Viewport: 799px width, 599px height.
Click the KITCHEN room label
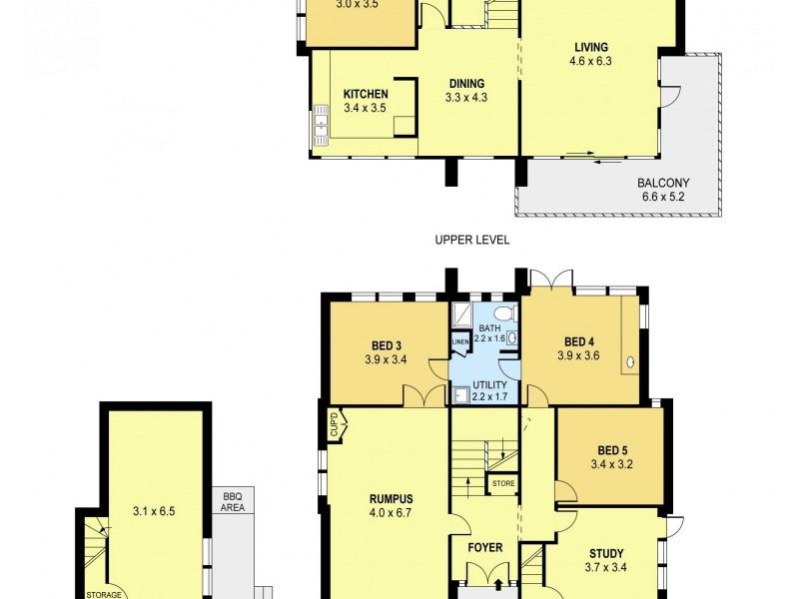[x=366, y=94]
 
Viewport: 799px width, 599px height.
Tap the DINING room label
[x=465, y=84]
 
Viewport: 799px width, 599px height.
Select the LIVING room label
[x=590, y=47]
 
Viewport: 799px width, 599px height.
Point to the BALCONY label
[x=663, y=183]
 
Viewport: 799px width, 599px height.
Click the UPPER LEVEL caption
[x=472, y=240]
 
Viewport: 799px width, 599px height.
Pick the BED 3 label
[x=386, y=347]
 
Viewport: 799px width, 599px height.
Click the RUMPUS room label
[x=391, y=500]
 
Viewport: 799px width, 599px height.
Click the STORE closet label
[x=502, y=484]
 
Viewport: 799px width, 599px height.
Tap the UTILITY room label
[x=489, y=385]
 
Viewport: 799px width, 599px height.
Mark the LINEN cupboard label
[x=459, y=343]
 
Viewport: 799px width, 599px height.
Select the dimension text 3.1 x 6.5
[x=153, y=512]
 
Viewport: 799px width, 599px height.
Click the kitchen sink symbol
[x=322, y=126]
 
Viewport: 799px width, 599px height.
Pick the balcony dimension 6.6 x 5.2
[x=663, y=197]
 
